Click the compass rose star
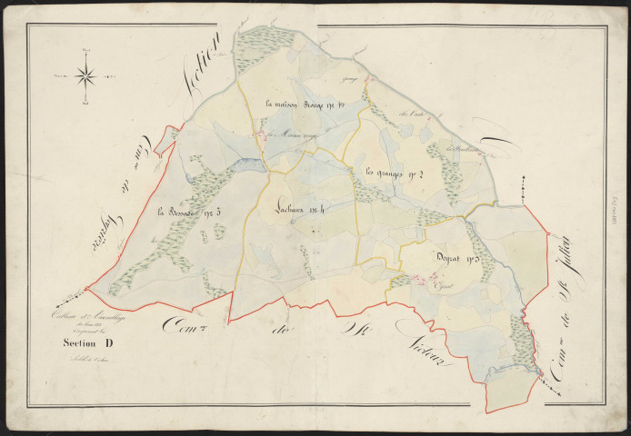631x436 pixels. point(87,75)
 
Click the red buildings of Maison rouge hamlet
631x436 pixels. point(263,138)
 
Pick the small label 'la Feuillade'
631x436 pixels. point(463,149)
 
